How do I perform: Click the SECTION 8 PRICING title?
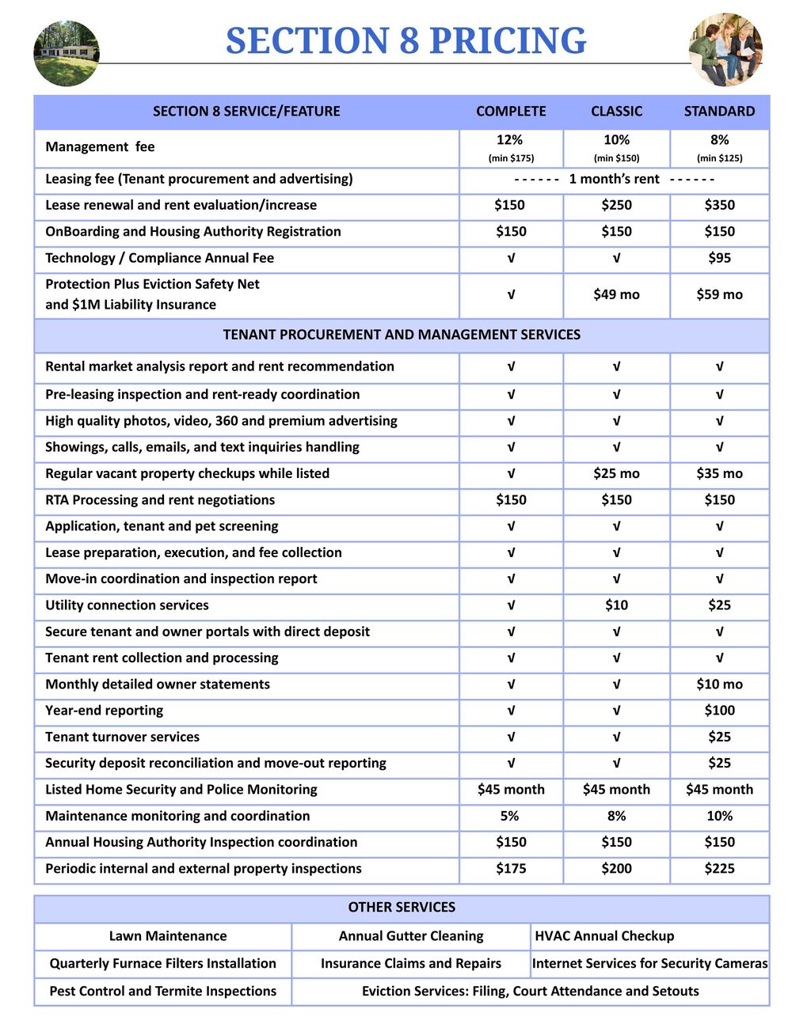click(x=406, y=40)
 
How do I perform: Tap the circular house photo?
click(x=67, y=53)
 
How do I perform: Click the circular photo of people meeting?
click(x=725, y=50)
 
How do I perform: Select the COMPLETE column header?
click(x=511, y=111)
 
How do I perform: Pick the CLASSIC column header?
click(x=616, y=111)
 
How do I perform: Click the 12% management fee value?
click(x=510, y=140)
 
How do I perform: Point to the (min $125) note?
click(x=719, y=158)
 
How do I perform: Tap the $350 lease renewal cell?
click(x=719, y=205)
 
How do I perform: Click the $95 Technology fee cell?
click(x=719, y=258)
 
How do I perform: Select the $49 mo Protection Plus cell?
click(x=616, y=294)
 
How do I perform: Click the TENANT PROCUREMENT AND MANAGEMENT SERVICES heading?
click(x=402, y=335)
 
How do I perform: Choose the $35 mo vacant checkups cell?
click(x=719, y=473)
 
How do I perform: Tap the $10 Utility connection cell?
click(x=616, y=605)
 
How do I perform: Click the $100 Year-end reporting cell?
click(x=719, y=711)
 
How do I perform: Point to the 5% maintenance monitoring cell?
click(x=510, y=816)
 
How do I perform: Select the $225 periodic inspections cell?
click(x=719, y=869)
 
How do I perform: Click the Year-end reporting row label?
click(x=104, y=711)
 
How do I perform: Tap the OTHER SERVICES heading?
click(x=402, y=908)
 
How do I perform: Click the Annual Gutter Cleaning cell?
click(x=411, y=936)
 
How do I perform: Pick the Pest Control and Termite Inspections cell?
click(x=162, y=992)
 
